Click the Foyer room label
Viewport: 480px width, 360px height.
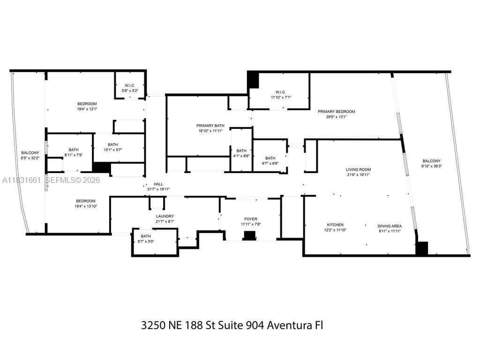(251, 219)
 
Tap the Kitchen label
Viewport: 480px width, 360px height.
(335, 225)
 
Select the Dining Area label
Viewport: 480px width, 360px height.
(390, 226)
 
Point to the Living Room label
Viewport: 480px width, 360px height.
(358, 170)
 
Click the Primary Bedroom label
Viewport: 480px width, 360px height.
(336, 112)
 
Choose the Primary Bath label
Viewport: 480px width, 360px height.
(210, 126)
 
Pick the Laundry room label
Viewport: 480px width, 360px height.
(165, 216)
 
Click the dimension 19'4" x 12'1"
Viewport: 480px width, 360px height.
(87, 109)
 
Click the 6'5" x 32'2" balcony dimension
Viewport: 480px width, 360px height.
(30, 158)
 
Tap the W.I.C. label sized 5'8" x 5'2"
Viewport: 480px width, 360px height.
(130, 85)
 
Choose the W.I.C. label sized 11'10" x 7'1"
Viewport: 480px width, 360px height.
(281, 92)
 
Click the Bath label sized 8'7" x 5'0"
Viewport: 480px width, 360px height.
(146, 236)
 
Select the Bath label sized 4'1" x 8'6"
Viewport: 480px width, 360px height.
(241, 150)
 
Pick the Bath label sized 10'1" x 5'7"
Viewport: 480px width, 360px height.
(112, 144)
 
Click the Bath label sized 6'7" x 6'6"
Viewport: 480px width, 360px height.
(270, 158)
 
